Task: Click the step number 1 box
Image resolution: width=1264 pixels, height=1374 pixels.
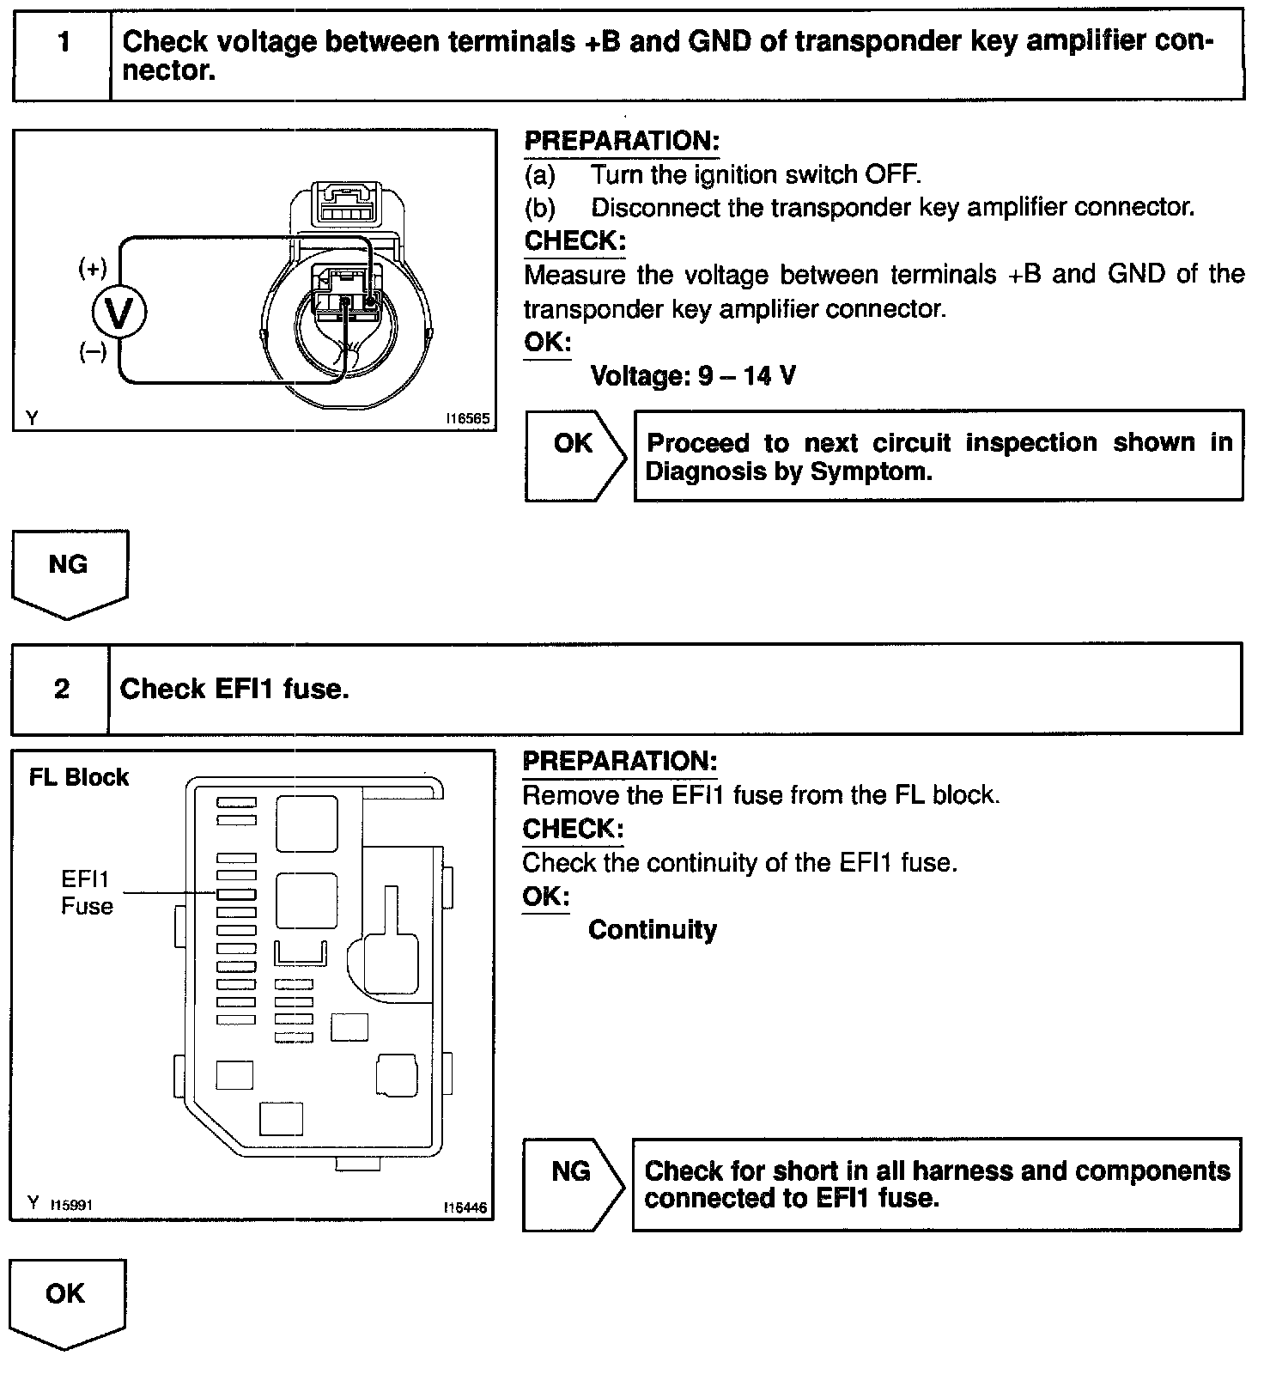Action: pyautogui.click(x=63, y=54)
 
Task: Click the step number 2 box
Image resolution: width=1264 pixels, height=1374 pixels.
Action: pyautogui.click(x=61, y=689)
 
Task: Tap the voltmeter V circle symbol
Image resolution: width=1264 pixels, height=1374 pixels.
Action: pyautogui.click(x=118, y=314)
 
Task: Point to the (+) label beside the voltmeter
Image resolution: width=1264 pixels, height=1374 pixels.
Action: pyautogui.click(x=93, y=269)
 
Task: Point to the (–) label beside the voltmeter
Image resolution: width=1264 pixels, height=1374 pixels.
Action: pyautogui.click(x=93, y=351)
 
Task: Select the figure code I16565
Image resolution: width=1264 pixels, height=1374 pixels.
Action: pyautogui.click(x=467, y=419)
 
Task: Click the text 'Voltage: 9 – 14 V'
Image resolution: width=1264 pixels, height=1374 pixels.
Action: pyautogui.click(x=693, y=375)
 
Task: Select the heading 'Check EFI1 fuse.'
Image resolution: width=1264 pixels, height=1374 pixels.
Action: pyautogui.click(x=234, y=689)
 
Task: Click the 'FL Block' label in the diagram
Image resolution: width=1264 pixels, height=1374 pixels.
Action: pyautogui.click(x=78, y=777)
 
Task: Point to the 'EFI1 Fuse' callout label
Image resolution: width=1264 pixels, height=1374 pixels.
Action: pyautogui.click(x=87, y=892)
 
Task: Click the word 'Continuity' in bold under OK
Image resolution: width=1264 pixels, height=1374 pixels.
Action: pyautogui.click(x=652, y=930)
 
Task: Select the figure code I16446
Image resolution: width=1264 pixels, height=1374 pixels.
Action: pyautogui.click(x=465, y=1207)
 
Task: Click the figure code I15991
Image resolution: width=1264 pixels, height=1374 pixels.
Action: pyautogui.click(x=71, y=1204)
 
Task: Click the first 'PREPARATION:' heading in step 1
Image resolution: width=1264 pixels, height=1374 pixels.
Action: pyautogui.click(x=621, y=141)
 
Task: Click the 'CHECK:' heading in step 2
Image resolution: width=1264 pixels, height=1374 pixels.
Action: pyautogui.click(x=573, y=829)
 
